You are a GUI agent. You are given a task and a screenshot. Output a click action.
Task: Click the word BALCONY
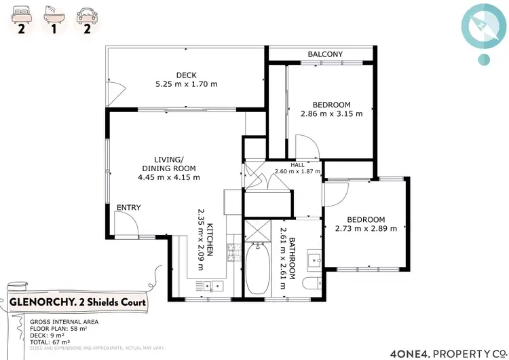tap(324, 54)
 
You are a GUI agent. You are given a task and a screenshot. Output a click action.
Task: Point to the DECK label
tap(186, 75)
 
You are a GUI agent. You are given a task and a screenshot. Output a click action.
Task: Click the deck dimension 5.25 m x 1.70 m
tap(186, 85)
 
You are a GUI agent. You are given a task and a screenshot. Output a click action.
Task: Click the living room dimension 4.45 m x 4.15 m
tap(168, 177)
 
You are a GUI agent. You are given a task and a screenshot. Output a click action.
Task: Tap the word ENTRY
tap(129, 207)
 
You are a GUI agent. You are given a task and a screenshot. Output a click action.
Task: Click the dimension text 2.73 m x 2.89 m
tap(366, 229)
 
